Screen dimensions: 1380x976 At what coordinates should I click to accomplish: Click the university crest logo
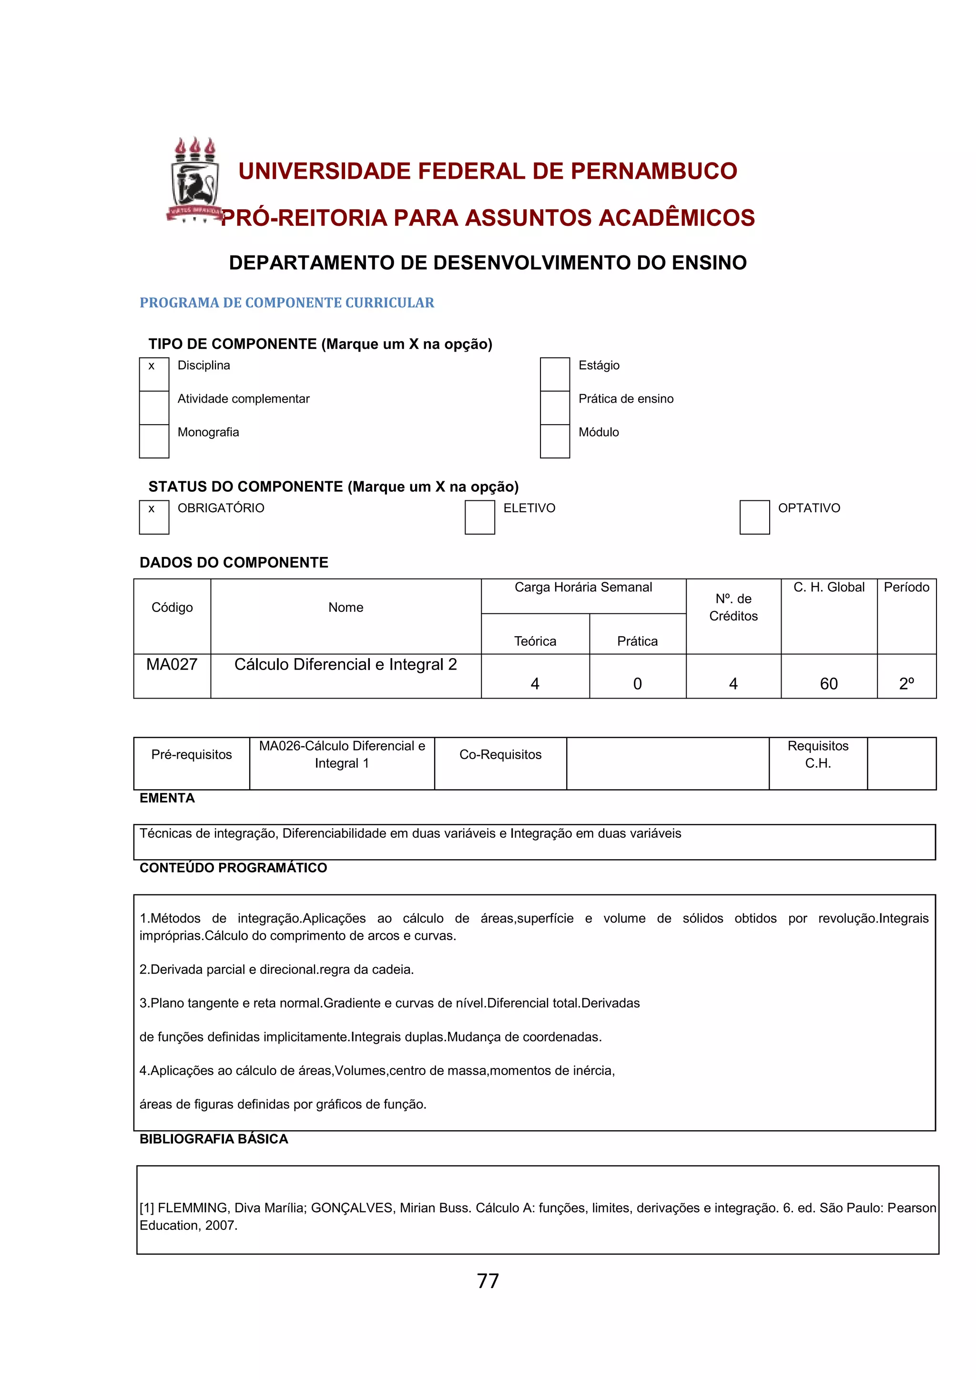(193, 180)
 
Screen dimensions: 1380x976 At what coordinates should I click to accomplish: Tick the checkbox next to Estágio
(555, 374)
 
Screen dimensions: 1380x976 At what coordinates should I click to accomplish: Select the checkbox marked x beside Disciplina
(154, 374)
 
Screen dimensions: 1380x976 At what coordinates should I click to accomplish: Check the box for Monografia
(154, 441)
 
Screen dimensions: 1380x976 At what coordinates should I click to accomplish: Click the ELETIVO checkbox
(479, 517)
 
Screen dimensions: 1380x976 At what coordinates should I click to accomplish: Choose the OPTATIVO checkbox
(754, 517)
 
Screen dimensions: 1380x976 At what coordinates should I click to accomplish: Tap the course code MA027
(172, 665)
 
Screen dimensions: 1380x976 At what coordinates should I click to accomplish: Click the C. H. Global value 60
(829, 684)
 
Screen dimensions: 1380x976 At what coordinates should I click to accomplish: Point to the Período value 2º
(906, 684)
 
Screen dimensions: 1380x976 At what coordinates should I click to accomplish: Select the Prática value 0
(638, 684)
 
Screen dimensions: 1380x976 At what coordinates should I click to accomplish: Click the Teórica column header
(535, 641)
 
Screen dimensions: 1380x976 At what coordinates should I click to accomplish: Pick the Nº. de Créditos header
(733, 608)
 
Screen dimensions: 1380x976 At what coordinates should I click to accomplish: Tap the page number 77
(488, 1281)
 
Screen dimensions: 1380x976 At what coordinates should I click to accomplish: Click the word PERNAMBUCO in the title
(653, 171)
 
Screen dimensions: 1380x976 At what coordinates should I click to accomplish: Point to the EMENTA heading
(167, 798)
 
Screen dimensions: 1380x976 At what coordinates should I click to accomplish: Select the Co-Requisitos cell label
(500, 755)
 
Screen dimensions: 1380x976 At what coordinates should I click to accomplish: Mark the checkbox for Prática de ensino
(555, 407)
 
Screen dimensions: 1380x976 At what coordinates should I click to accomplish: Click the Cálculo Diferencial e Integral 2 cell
(346, 665)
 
